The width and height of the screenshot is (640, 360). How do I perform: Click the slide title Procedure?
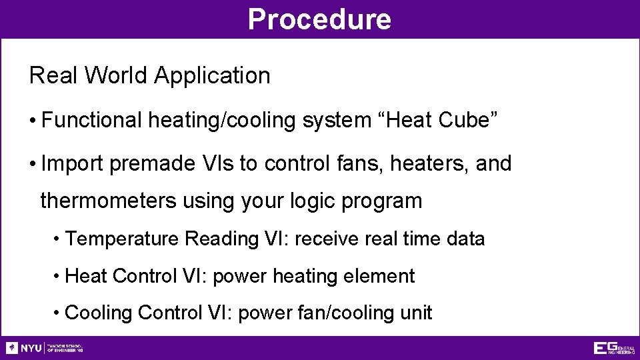(x=319, y=19)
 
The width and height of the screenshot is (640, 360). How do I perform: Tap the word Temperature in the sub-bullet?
(x=123, y=239)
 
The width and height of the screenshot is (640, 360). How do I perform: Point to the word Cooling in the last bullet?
(x=99, y=313)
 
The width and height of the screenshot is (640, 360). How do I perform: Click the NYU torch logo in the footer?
(x=12, y=348)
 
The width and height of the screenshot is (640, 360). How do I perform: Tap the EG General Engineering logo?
(x=613, y=348)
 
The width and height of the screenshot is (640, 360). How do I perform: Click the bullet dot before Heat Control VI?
(x=58, y=276)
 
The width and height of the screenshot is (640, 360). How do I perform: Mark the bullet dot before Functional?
(x=33, y=121)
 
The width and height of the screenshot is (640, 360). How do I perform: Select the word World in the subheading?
(x=118, y=76)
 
